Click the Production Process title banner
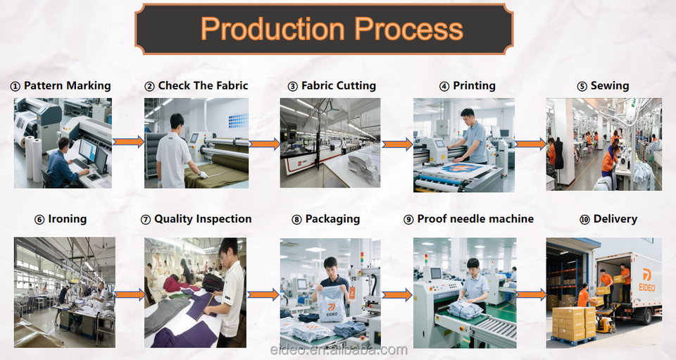332,29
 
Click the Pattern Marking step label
61,86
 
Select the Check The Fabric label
196,86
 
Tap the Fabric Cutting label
332,86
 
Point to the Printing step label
468,86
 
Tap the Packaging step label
325,219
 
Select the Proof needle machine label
468,219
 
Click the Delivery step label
608,219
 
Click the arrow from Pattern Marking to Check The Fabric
129,142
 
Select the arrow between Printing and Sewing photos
530,144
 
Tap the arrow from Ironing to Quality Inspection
129,294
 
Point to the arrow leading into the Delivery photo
530,294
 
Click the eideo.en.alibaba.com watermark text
339,350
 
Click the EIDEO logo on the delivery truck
646,280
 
